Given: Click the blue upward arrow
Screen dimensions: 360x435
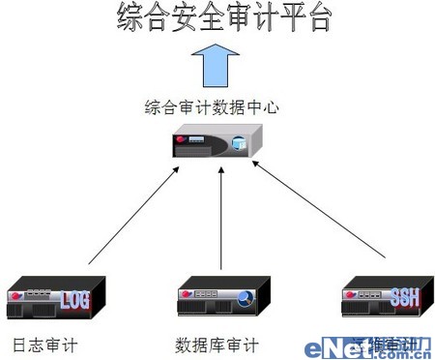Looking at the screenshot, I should [x=212, y=67].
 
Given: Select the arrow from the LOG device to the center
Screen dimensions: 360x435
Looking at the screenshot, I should [x=131, y=215].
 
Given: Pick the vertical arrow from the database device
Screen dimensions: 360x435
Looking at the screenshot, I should [x=221, y=218].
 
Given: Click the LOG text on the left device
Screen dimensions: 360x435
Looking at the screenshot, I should [x=74, y=301].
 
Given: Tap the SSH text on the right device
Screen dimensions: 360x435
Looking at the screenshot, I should [x=404, y=297].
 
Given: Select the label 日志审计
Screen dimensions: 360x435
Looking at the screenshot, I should [x=43, y=345].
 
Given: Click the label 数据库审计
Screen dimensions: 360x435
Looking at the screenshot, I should [x=217, y=345].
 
